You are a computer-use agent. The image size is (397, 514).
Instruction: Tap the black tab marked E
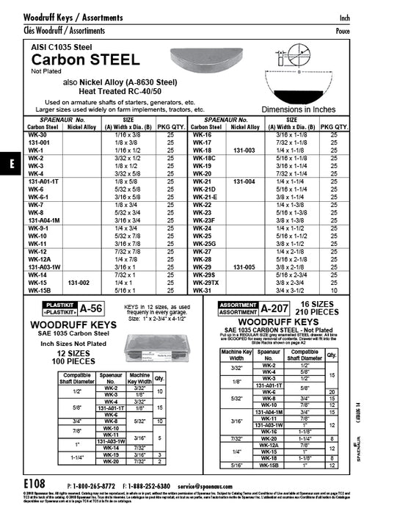[x=11, y=164]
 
